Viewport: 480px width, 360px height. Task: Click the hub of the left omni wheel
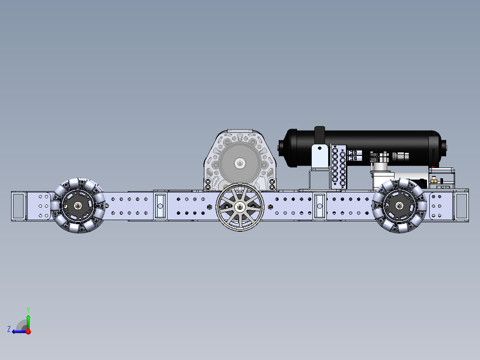(x=78, y=205)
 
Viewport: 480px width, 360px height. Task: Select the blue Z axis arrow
(x=19, y=331)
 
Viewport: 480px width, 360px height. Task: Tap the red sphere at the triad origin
(x=28, y=331)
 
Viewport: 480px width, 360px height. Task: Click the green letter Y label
(x=28, y=309)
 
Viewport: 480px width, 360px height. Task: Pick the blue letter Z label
(x=9, y=329)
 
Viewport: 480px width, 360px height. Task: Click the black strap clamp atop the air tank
(x=319, y=135)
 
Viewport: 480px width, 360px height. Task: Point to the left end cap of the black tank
(x=281, y=147)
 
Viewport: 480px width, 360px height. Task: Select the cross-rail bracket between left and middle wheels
(x=160, y=205)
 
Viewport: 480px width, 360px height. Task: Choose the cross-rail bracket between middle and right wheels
(x=319, y=205)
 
